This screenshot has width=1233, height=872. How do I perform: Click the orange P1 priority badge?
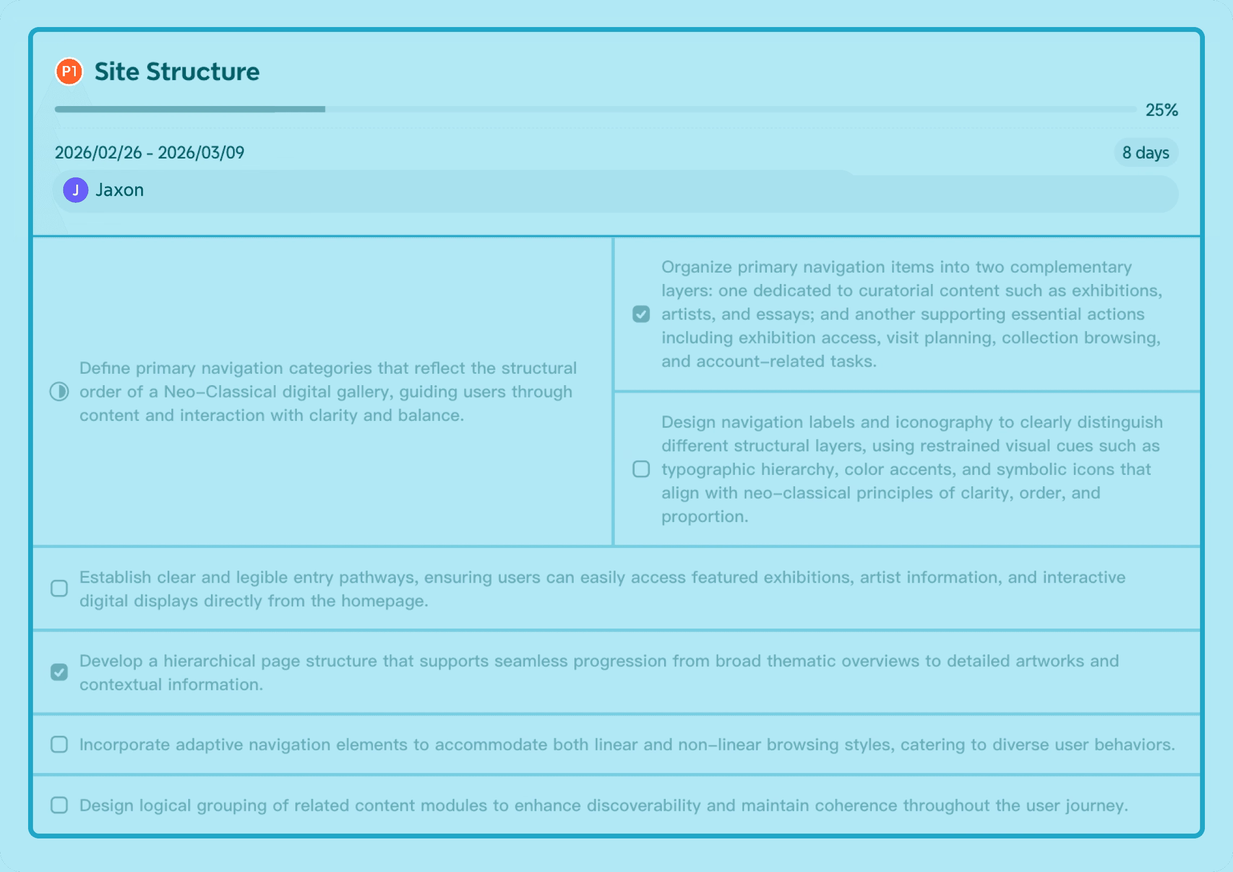pos(69,71)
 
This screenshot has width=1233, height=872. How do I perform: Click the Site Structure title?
pos(177,72)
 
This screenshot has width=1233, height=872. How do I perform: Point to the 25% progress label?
pos(1161,110)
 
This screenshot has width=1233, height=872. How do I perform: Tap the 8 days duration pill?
pos(1145,153)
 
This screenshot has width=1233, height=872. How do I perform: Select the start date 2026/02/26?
pos(98,153)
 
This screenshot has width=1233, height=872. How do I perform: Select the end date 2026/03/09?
pos(201,153)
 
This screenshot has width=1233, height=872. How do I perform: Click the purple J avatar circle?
pos(76,190)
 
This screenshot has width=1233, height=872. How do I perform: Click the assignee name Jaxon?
pos(120,190)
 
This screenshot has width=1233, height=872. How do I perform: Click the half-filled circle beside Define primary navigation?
pos(59,392)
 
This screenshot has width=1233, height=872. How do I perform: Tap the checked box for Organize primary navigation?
pos(641,314)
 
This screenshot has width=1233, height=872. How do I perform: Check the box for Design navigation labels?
pos(641,469)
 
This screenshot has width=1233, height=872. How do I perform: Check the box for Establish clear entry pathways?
pos(59,589)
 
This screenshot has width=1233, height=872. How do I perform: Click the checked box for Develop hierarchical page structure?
pos(59,672)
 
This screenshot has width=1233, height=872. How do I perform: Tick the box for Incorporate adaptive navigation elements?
pos(59,745)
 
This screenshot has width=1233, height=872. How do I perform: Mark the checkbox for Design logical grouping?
pos(59,805)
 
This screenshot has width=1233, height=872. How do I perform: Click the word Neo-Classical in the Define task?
pos(220,392)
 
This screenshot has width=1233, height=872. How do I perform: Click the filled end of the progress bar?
pos(323,109)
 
